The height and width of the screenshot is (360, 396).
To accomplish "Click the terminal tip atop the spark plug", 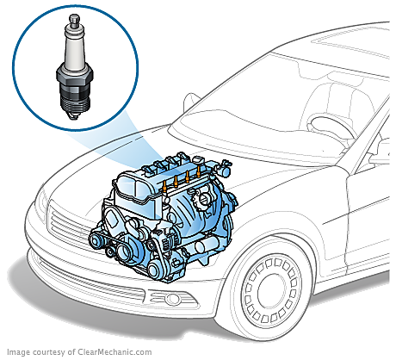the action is [74, 21].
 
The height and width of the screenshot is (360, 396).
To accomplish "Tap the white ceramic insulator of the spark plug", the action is [74, 48].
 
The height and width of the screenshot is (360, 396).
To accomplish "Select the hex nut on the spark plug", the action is [75, 76].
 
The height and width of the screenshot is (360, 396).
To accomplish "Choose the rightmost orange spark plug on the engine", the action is [198, 170].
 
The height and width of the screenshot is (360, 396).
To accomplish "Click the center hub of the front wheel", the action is [270, 290].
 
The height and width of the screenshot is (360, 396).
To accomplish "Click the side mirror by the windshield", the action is [191, 102].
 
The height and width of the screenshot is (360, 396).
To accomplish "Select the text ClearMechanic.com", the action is [114, 352].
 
